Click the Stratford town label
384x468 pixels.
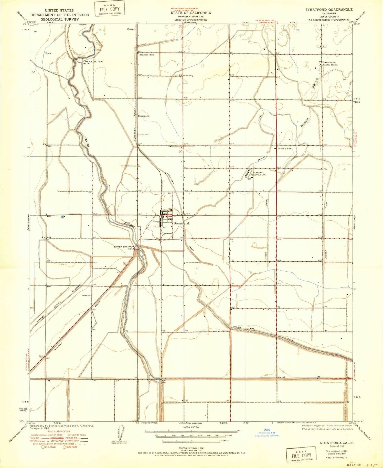[x=181, y=223]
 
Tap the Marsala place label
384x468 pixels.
[x=144, y=116]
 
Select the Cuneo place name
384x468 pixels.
[x=131, y=29]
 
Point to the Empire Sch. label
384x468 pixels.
[x=147, y=55]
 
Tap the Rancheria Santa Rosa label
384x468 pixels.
[x=330, y=64]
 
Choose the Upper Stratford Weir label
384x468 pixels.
[x=93, y=62]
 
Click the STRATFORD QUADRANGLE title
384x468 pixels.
[x=329, y=10]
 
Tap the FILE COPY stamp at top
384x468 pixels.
[x=109, y=9]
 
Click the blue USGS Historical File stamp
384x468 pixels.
[x=267, y=433]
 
